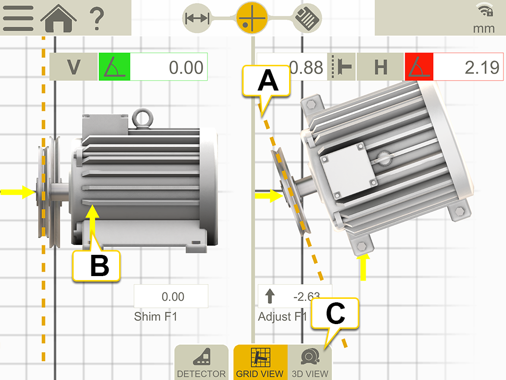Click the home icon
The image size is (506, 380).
[58, 18]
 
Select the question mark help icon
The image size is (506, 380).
[97, 18]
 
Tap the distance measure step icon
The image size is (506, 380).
[197, 18]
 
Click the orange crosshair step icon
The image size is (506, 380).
[252, 18]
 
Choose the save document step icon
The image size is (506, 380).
[307, 19]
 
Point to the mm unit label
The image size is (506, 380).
[484, 28]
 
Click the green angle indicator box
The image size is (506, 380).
[114, 67]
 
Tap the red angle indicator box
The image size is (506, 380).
[419, 67]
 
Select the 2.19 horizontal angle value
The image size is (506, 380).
[468, 67]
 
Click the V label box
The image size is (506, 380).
[74, 67]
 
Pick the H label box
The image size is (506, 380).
[380, 67]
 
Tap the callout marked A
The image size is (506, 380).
[268, 82]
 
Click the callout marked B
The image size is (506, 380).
[97, 266]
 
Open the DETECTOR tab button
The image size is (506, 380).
[201, 363]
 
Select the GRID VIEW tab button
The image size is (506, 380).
[260, 363]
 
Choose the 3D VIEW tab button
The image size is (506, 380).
[310, 363]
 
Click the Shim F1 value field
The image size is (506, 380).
[171, 297]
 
